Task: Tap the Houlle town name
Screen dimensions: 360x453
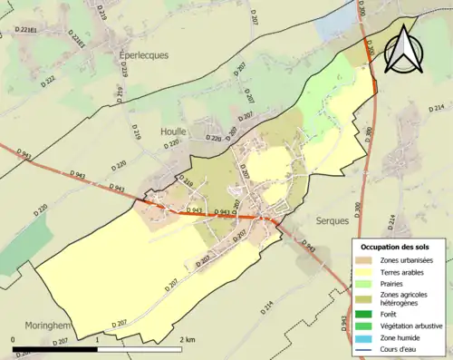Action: click(x=173, y=131)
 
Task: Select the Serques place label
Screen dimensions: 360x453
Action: click(x=333, y=220)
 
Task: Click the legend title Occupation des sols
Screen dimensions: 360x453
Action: click(x=399, y=247)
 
